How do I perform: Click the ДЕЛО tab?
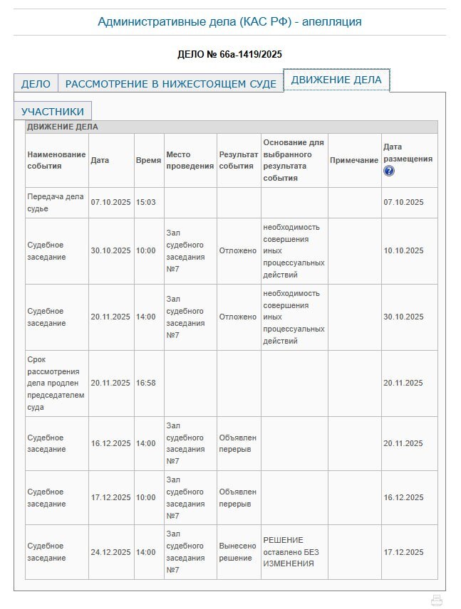pos(36,84)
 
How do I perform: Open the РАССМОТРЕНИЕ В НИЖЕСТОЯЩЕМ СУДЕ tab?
pos(170,84)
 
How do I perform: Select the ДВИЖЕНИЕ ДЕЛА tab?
pos(336,80)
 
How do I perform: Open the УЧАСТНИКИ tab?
pos(53,112)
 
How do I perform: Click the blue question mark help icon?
pos(388,171)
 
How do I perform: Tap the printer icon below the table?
pos(437,600)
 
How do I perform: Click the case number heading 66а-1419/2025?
pos(229,54)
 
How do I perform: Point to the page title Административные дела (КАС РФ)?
pos(229,21)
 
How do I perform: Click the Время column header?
pos(148,160)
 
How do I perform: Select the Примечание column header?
pos(354,160)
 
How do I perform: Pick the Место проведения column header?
pos(190,160)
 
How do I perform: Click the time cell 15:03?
pos(145,202)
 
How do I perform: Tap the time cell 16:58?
pos(145,383)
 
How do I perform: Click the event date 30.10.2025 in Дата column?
pos(110,250)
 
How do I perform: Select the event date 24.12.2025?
pos(110,552)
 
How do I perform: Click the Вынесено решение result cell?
pos(237,552)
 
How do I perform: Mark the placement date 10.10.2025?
pos(403,250)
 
